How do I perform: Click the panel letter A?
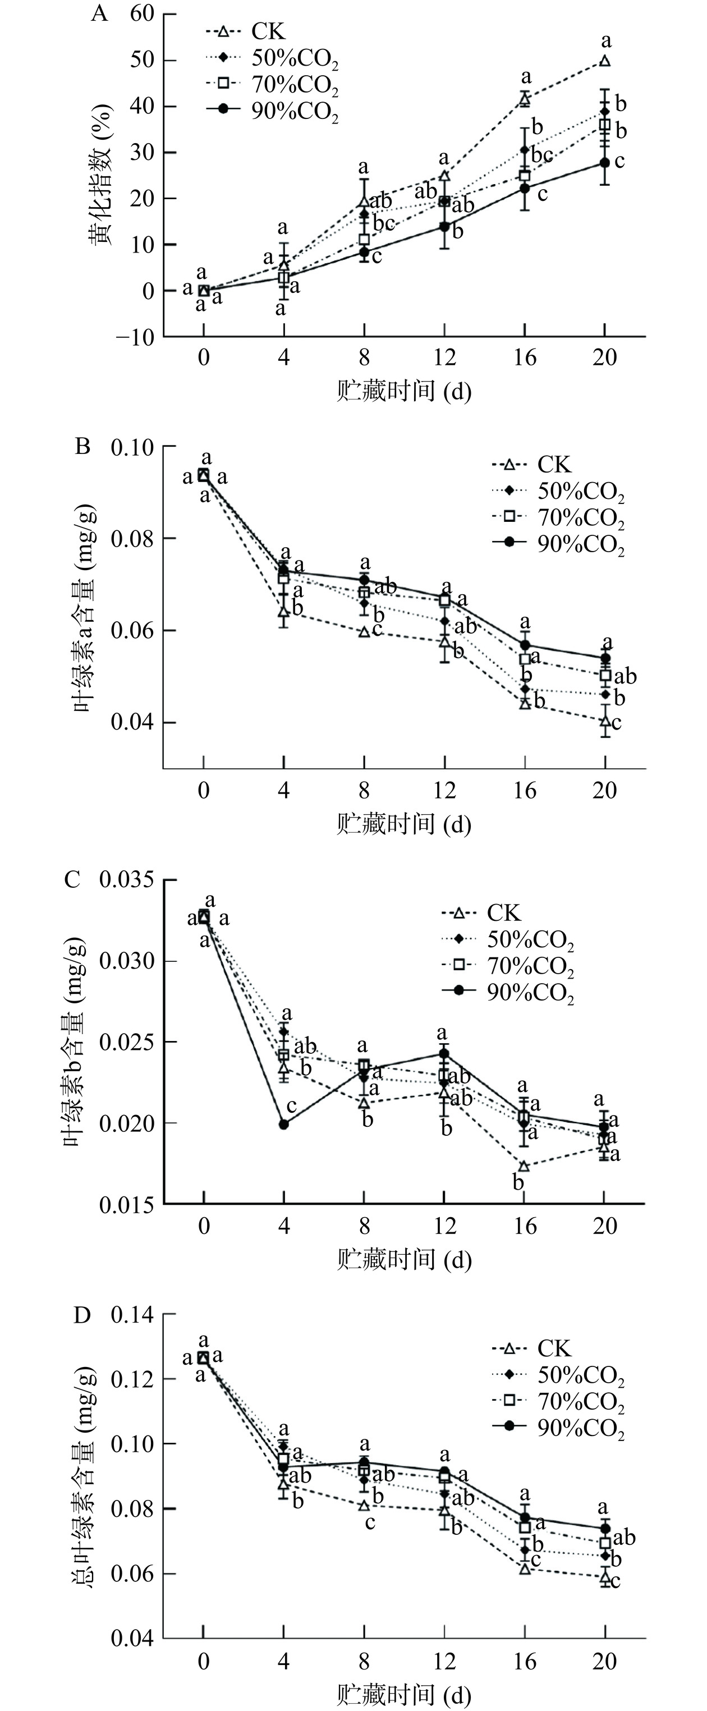[99, 13]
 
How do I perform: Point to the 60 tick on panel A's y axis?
[142, 13]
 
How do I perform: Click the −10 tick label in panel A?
[135, 337]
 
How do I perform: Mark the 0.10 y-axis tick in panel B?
[132, 447]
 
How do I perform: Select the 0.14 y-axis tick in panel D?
[132, 1314]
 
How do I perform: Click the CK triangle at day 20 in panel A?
[605, 61]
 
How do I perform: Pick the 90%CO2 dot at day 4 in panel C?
[284, 1124]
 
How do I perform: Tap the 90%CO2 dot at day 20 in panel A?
[605, 163]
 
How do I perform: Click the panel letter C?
[72, 880]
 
